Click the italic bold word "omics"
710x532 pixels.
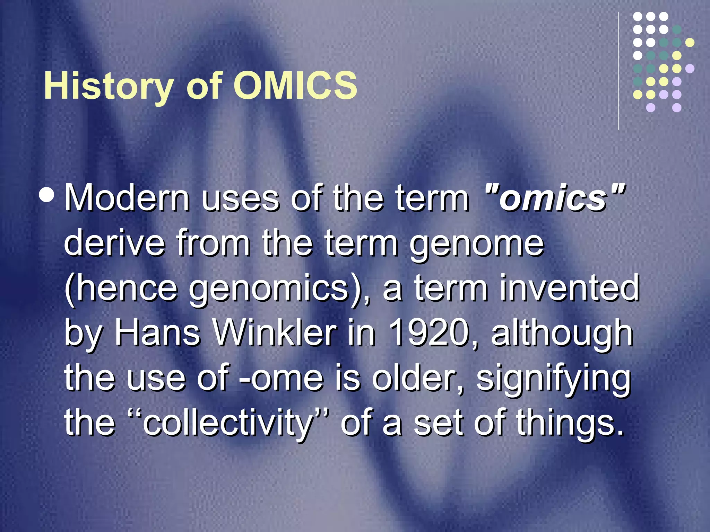[555, 198]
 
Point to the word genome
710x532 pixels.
[477, 243]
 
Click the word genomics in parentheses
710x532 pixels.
[269, 289]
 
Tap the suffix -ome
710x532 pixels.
[281, 378]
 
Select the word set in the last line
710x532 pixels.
[439, 423]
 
